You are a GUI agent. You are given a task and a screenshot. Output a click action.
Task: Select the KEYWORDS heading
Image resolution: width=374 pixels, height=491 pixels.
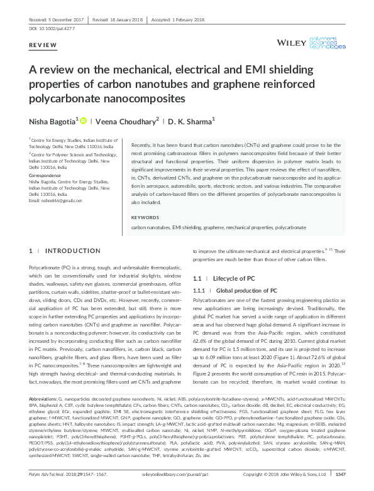145,217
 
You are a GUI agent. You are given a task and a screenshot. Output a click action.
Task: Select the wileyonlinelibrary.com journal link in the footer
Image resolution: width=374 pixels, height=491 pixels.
187,475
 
